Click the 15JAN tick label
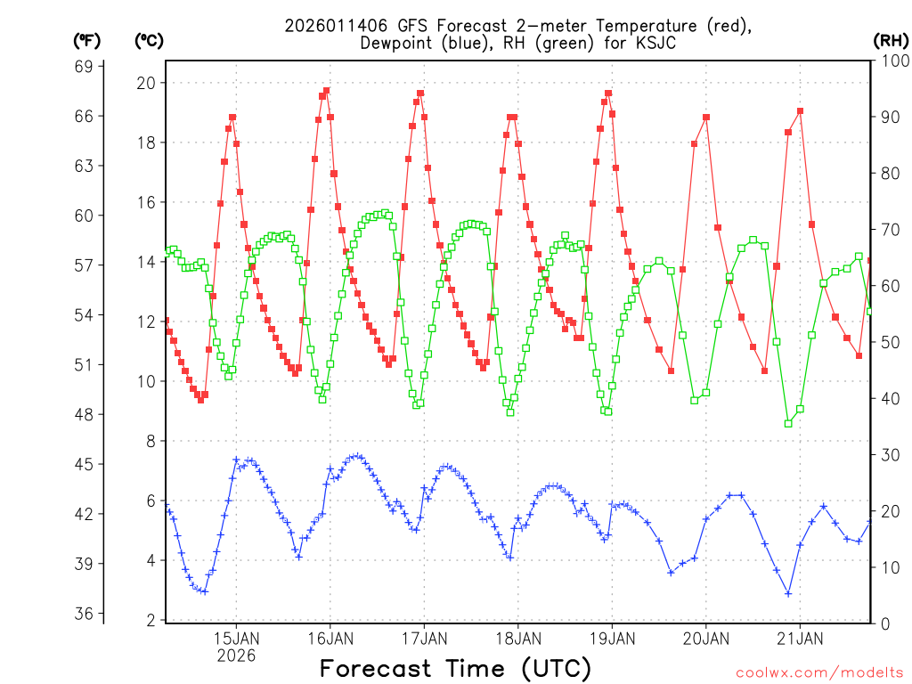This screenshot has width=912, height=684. [x=236, y=639]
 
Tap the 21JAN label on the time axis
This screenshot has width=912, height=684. [x=799, y=639]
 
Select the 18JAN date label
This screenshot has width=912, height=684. [x=517, y=639]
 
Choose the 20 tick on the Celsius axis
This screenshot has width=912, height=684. [x=146, y=83]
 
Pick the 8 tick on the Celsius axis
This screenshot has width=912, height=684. [x=151, y=441]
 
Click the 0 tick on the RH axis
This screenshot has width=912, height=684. [x=883, y=623]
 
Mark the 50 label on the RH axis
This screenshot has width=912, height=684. [x=888, y=342]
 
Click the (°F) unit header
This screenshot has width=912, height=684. [x=87, y=40]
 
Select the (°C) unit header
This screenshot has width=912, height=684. [x=148, y=40]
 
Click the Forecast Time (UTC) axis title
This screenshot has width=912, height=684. [x=455, y=668]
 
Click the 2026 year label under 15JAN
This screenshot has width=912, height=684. [x=236, y=655]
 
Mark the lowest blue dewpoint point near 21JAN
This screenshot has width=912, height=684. [x=788, y=593]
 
